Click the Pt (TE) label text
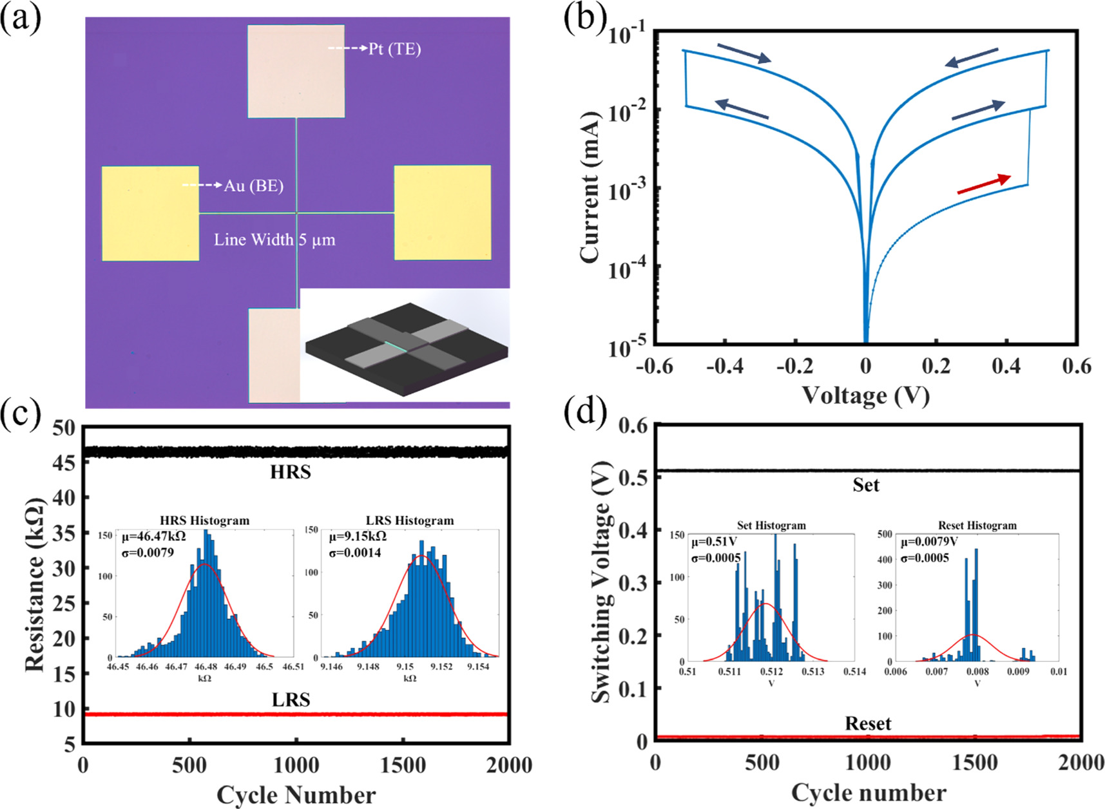(394, 49)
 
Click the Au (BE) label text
(253, 186)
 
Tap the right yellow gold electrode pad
(442, 213)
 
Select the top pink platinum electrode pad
(296, 71)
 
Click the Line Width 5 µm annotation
(274, 240)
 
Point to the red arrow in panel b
(983, 184)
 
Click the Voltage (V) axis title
(865, 395)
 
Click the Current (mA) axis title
(590, 187)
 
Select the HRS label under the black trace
(291, 472)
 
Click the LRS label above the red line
(291, 700)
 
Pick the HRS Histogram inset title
(204, 520)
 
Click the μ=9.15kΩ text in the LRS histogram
(358, 537)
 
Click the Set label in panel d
(865, 484)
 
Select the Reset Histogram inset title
(977, 526)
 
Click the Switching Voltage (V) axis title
(601, 582)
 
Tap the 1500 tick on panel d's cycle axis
(975, 763)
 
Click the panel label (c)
(21, 414)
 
